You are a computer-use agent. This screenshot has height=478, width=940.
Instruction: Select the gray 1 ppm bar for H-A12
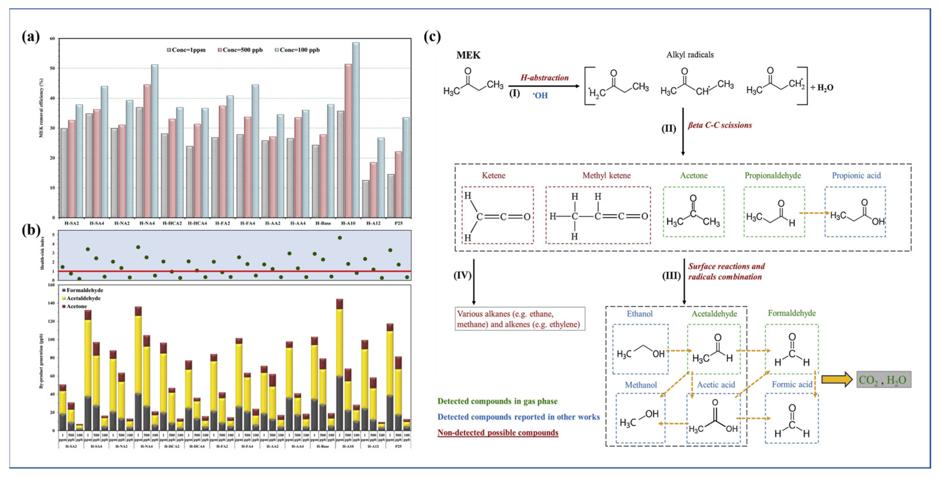[x=365, y=199]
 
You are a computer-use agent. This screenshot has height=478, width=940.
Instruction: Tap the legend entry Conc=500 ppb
[x=240, y=50]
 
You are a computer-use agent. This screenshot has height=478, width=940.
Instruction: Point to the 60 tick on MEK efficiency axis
[x=53, y=38]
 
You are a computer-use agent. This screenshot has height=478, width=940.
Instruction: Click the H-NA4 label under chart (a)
[x=147, y=223]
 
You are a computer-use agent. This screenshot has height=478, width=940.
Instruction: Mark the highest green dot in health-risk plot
[x=340, y=238]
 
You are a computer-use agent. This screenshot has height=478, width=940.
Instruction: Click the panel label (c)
[x=432, y=37]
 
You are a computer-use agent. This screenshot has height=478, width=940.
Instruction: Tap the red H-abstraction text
[x=544, y=78]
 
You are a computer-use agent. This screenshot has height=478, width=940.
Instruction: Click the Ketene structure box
[x=497, y=215]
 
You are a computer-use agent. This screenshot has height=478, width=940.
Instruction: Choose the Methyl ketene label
[x=606, y=175]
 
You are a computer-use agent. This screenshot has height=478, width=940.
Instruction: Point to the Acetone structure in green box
[x=693, y=212]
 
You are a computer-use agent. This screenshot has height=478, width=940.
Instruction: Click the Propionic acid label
[x=856, y=175]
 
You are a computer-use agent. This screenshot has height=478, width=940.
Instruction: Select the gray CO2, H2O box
[x=884, y=380]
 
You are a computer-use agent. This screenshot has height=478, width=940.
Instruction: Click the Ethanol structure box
[x=640, y=349]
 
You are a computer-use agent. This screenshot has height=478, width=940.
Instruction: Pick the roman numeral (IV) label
[x=462, y=275]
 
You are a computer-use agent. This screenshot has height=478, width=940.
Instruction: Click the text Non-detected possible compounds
[x=498, y=433]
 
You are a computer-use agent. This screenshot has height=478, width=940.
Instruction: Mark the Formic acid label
[x=792, y=384]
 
